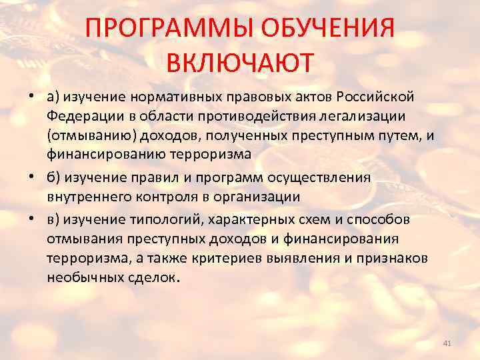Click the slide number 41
(447, 343)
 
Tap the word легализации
(371, 117)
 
